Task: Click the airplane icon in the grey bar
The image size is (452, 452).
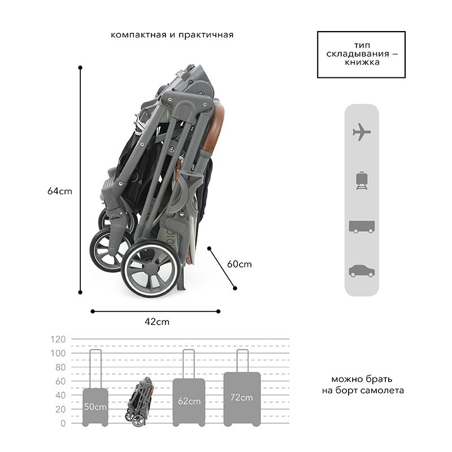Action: pyautogui.click(x=362, y=132)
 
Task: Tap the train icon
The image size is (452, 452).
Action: pyautogui.click(x=362, y=181)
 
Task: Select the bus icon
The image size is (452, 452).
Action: pyautogui.click(x=362, y=227)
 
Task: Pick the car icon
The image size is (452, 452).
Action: pyautogui.click(x=362, y=271)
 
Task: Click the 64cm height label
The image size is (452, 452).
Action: pyautogui.click(x=60, y=191)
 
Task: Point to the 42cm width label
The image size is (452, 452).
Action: pyautogui.click(x=157, y=321)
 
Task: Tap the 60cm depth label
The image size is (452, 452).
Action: pyautogui.click(x=239, y=264)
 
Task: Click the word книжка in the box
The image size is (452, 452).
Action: pyautogui.click(x=362, y=62)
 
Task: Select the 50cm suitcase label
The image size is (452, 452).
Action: pyautogui.click(x=95, y=406)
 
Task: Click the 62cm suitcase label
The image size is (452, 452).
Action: pyautogui.click(x=189, y=401)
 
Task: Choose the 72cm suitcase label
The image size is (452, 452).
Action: pyautogui.click(x=242, y=398)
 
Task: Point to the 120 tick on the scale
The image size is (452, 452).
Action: pyautogui.click(x=58, y=340)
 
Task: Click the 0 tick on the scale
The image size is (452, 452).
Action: pyautogui.click(x=63, y=423)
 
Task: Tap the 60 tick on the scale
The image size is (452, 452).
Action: pyautogui.click(x=60, y=381)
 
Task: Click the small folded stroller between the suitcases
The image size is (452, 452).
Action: pyautogui.click(x=140, y=402)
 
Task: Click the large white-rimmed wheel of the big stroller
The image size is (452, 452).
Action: pyautogui.click(x=151, y=268)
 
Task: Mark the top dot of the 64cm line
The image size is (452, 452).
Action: pyautogui.click(x=80, y=67)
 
